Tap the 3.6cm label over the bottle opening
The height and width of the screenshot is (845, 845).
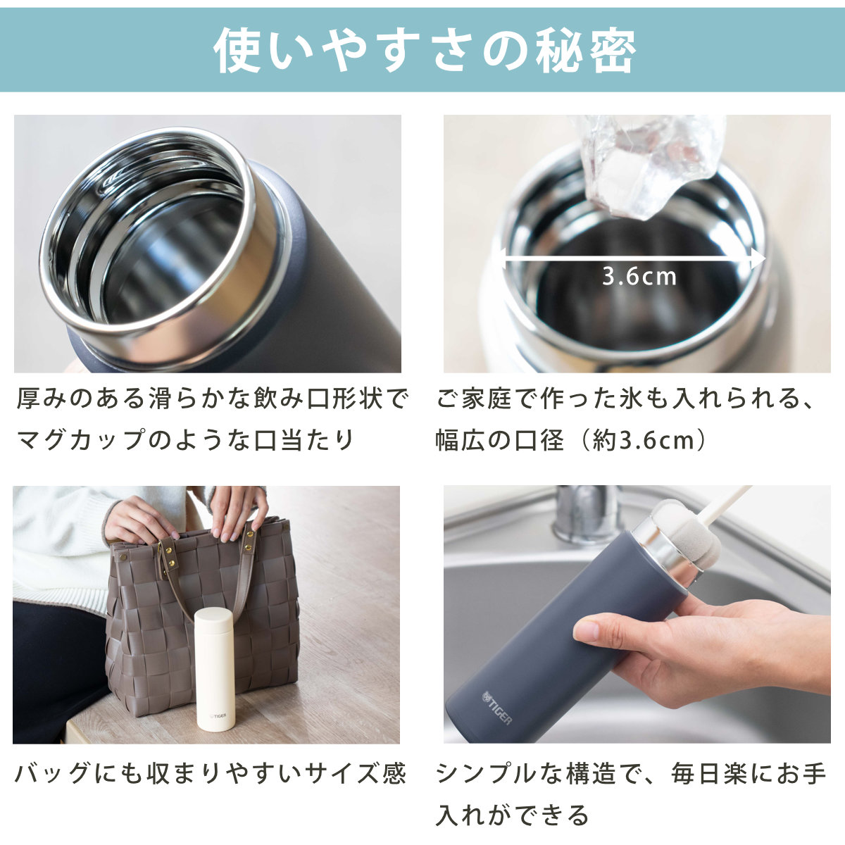639,276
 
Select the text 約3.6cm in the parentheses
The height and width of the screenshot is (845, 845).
644,440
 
